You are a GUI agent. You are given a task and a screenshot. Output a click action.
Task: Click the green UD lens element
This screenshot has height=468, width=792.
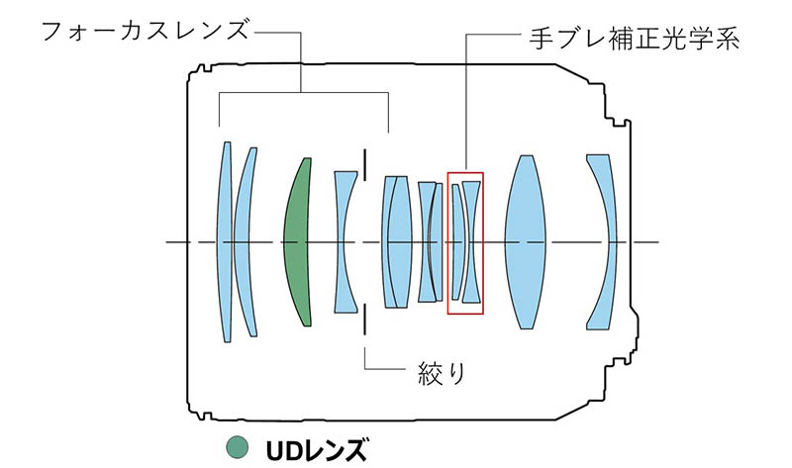tap(298, 242)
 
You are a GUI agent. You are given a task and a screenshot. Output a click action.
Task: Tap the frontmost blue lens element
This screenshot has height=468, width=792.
tap(225, 242)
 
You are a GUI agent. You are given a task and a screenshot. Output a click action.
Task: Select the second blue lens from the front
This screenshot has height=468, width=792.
tap(244, 242)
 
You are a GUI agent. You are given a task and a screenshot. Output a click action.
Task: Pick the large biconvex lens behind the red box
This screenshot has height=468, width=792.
tap(526, 242)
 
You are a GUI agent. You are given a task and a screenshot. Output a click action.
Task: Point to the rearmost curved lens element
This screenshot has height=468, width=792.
tap(606, 242)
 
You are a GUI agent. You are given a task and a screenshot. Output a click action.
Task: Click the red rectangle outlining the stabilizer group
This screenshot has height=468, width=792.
tap(448, 242)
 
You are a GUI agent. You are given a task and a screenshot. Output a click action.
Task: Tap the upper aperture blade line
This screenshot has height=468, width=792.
tap(364, 164)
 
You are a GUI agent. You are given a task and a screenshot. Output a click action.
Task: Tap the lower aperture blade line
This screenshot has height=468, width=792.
tap(364, 319)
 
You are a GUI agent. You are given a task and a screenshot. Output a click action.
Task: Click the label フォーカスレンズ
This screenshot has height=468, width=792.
tap(146, 31)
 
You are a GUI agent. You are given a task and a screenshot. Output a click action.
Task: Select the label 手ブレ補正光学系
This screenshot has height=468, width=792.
tap(635, 39)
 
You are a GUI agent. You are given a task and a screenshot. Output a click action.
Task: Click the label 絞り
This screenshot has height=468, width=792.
tap(442, 374)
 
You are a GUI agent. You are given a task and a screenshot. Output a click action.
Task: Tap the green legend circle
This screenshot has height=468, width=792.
tap(238, 448)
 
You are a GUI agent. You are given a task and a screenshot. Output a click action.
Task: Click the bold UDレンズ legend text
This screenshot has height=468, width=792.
tap(316, 450)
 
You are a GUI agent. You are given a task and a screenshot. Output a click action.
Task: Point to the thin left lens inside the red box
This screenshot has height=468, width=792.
tap(456, 242)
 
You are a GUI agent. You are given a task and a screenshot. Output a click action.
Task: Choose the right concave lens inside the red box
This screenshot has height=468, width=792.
tap(472, 242)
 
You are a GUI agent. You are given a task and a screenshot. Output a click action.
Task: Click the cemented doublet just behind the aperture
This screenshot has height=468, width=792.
tap(397, 242)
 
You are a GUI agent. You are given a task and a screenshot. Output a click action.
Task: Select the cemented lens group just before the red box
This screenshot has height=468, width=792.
tap(430, 242)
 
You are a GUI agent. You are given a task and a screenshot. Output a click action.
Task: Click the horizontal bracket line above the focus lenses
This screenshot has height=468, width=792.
tap(304, 92)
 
